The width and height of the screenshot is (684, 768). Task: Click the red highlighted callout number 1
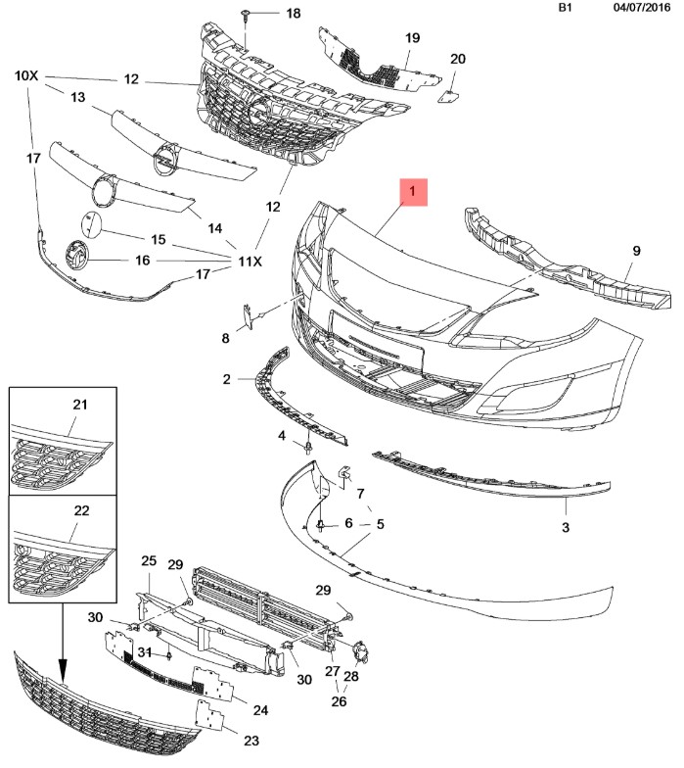pos(413,192)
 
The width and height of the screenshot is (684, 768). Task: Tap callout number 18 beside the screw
pos(294,14)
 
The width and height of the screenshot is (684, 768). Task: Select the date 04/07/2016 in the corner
pos(642,8)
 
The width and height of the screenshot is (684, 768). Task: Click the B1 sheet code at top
pos(566,8)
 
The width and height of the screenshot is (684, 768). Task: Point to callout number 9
pos(636,251)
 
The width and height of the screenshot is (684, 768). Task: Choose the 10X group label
pos(26,76)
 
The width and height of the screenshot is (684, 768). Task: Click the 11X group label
pos(251,262)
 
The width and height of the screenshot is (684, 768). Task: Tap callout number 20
pos(458,59)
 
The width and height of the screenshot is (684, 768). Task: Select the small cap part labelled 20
pos(448,96)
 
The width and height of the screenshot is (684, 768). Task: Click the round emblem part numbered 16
pos(76,256)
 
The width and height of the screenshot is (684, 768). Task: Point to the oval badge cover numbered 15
pos(92,225)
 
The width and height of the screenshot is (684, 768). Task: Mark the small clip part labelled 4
pos(308,447)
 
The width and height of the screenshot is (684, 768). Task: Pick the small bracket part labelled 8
pos(249,316)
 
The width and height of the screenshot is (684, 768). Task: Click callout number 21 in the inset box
pos(80,405)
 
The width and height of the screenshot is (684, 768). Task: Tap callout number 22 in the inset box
pos(81,510)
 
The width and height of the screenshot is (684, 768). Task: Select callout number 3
pos(566,527)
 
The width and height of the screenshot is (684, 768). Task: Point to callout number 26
pos(339,701)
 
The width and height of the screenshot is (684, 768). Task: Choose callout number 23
pos(251,741)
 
